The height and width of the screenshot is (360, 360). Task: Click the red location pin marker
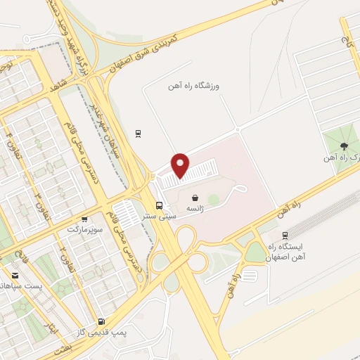coord(181,165)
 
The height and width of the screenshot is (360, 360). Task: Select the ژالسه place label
coord(195,210)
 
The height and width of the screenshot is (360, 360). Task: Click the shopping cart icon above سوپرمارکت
coord(84,219)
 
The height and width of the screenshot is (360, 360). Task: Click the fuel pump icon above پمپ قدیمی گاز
coord(101,321)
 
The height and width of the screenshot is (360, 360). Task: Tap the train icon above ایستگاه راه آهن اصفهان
coord(285,236)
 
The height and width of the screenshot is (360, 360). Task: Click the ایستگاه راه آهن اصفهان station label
coord(285,252)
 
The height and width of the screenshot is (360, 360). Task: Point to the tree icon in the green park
coord(343,146)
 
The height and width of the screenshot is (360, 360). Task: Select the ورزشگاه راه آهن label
coord(194,86)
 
